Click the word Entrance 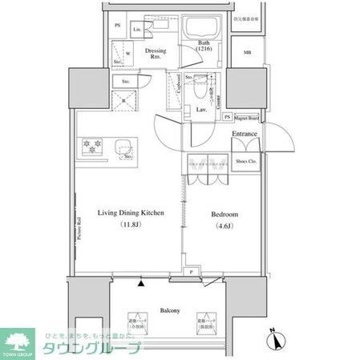(x=245, y=133)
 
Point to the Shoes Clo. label (x=247, y=162)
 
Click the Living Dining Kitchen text (x=131, y=212)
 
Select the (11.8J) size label (x=131, y=225)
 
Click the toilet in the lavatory (x=200, y=91)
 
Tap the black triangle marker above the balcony (x=142, y=283)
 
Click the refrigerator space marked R (x=124, y=100)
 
